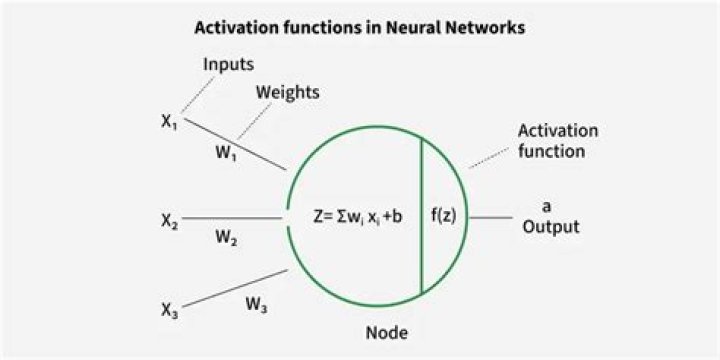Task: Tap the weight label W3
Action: tap(256, 306)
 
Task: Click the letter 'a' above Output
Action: tap(546, 206)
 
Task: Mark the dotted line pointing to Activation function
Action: tap(488, 157)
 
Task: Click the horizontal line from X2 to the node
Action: tap(235, 217)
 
